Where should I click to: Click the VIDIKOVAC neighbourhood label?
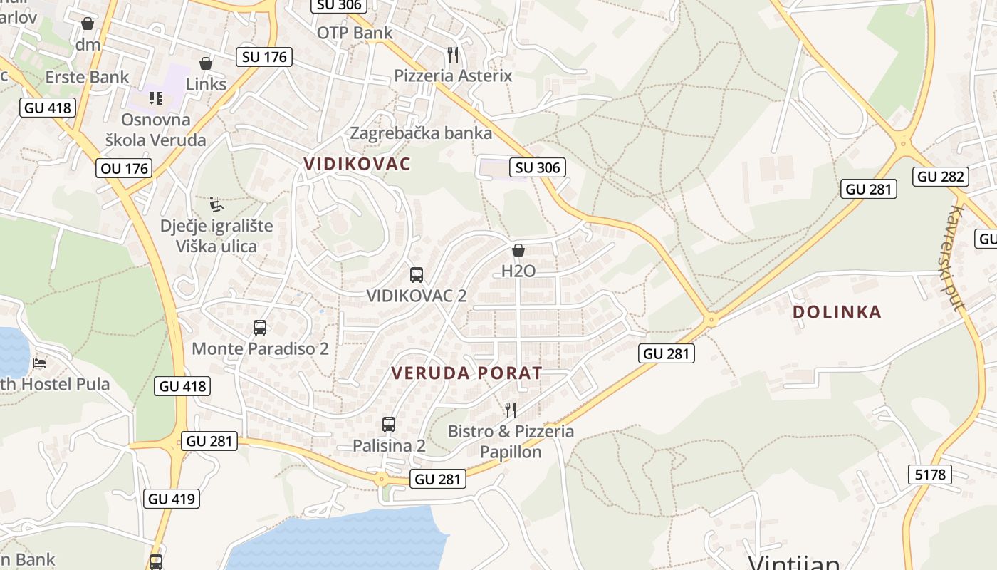pos(357,164)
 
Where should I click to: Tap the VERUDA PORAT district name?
pos(466,373)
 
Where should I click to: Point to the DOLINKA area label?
pos(837,312)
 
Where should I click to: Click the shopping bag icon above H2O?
pos(518,250)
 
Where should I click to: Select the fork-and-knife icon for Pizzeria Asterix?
pos(452,54)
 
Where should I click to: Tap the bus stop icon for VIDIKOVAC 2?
pos(417,274)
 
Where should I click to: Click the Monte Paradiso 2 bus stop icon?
pos(260,328)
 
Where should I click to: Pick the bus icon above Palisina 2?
pos(388,424)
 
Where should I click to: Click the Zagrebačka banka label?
pos(421,133)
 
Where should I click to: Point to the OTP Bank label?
pos(355,33)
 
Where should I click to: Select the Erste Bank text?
pos(87,77)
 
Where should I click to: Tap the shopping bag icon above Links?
pos(206,63)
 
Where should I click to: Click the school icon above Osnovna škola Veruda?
pos(155,98)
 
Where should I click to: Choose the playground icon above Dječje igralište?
pos(216,204)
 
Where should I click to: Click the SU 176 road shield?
pos(264,57)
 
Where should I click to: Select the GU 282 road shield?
pos(941,177)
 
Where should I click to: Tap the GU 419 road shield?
pos(172,499)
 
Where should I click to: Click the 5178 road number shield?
pos(930,474)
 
